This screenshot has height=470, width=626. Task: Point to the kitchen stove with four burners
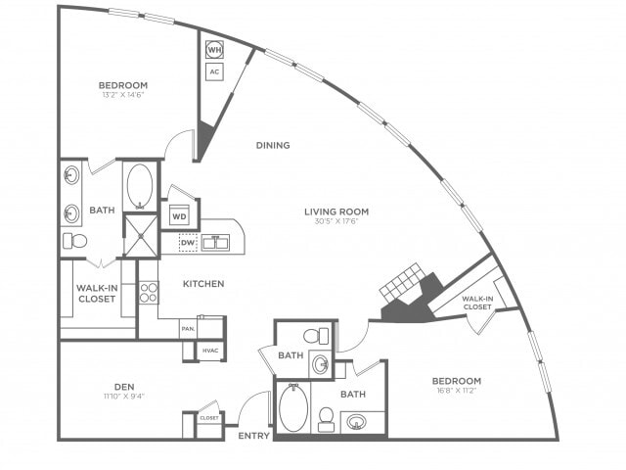coord(149,292)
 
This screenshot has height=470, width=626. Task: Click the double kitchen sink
coord(216,242)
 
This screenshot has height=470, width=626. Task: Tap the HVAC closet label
coord(210,351)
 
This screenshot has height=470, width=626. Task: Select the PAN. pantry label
coord(188,329)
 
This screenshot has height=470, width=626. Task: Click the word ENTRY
coord(254,435)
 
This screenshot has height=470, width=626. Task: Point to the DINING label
coord(273,145)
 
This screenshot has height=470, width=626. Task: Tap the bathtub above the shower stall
coord(140,185)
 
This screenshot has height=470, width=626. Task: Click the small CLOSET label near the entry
coord(209,417)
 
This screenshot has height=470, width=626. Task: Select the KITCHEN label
coord(203,284)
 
